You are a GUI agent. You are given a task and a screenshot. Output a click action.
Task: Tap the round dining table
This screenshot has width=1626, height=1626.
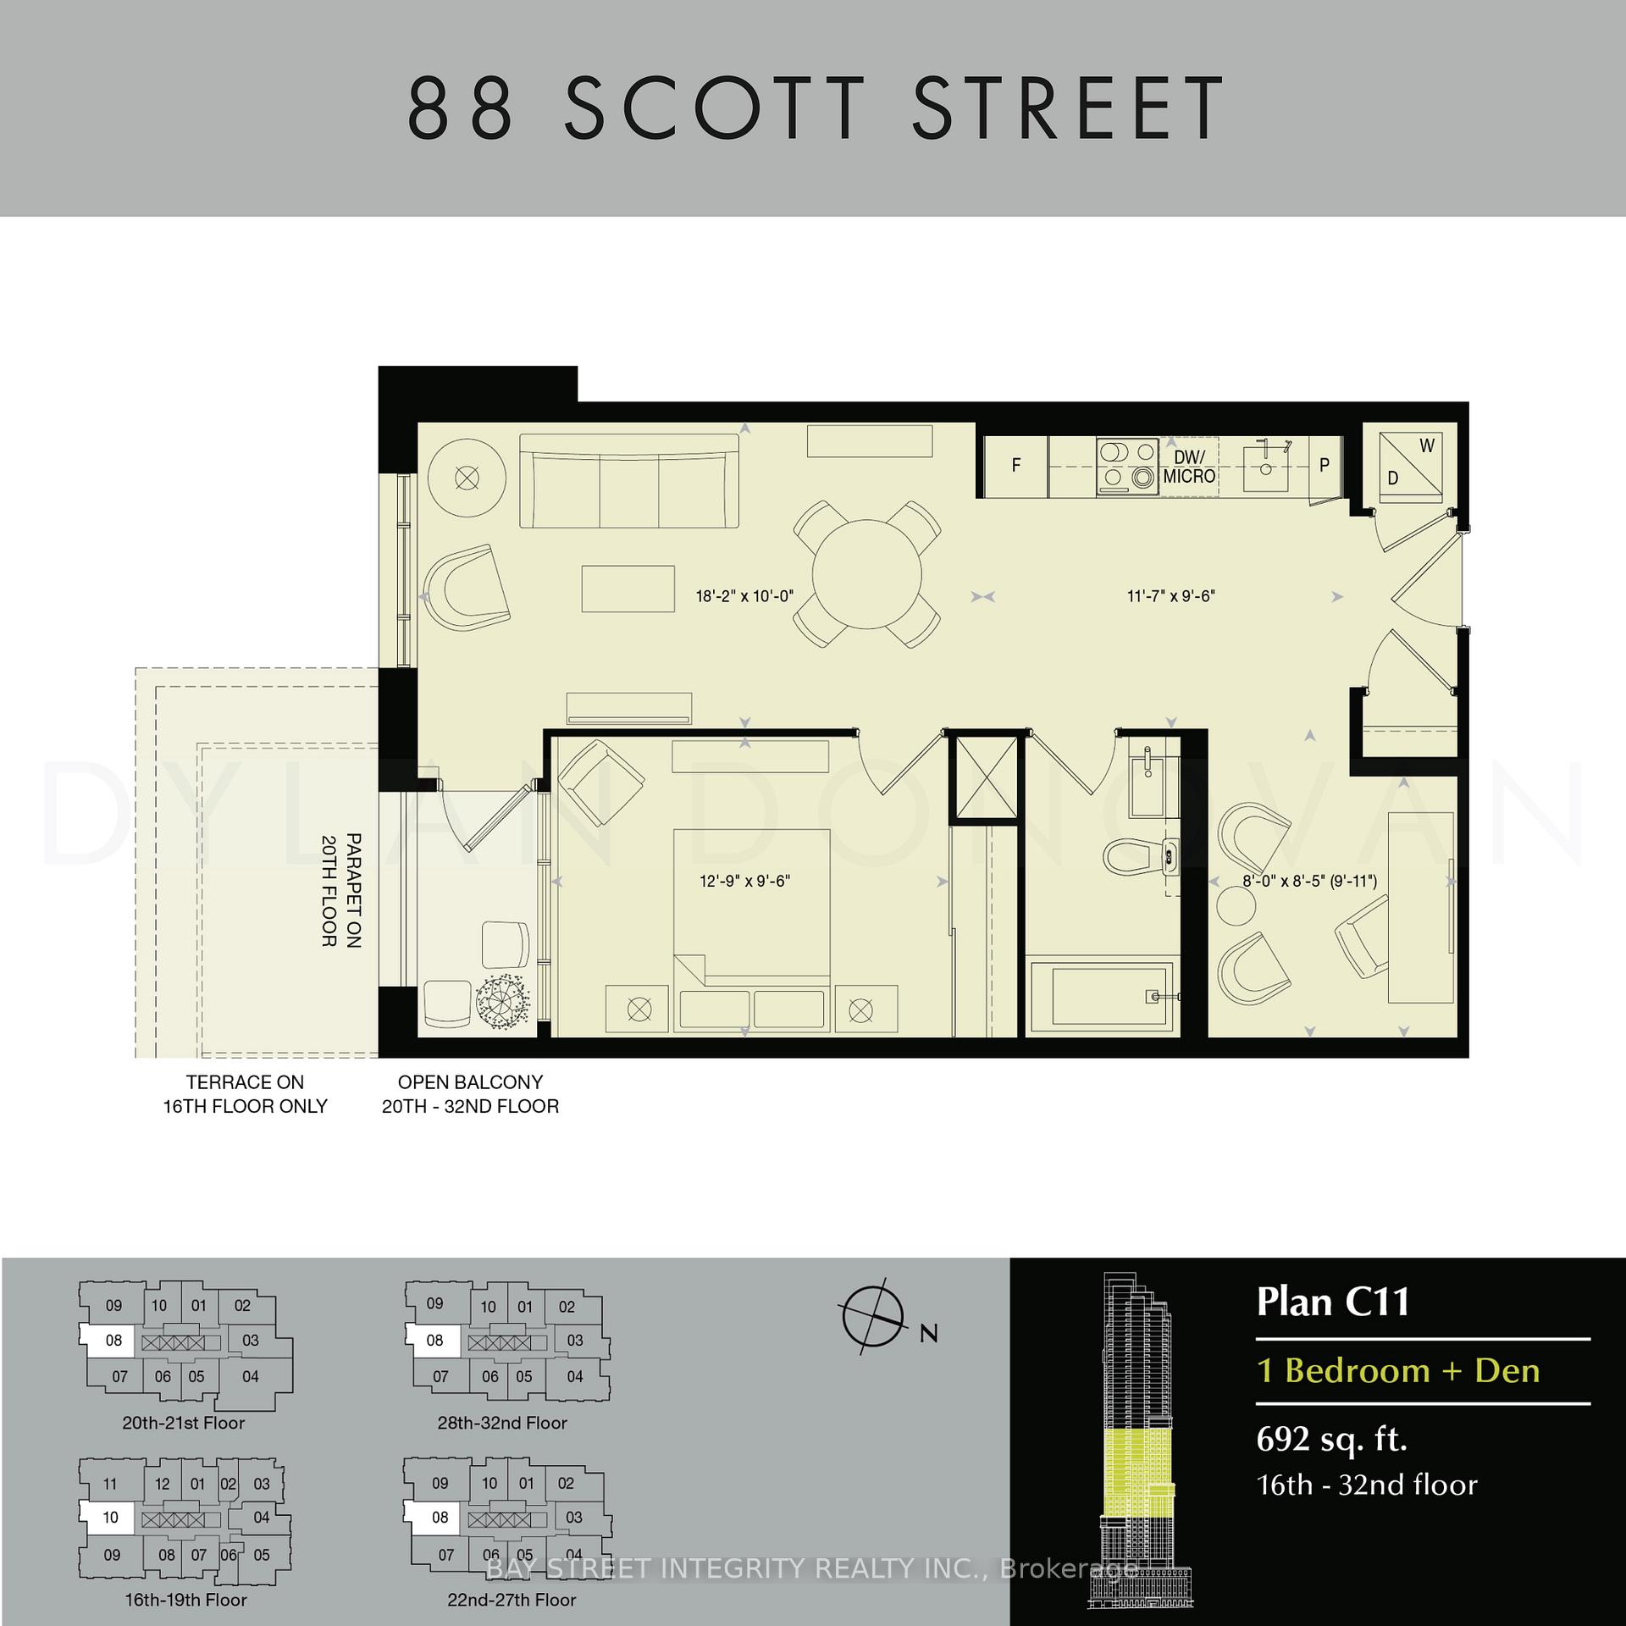[x=866, y=575]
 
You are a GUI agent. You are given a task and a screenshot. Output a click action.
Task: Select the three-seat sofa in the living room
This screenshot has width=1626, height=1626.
[x=628, y=481]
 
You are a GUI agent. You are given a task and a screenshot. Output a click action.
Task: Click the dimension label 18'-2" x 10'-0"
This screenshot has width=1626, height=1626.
[x=744, y=596]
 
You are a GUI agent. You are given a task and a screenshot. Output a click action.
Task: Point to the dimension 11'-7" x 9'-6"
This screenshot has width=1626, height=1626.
[x=1170, y=596]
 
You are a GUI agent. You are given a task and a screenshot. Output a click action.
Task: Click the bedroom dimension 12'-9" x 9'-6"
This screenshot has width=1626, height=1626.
[x=744, y=881]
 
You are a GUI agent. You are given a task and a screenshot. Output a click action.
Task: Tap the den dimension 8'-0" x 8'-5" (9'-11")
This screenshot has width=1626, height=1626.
[x=1309, y=881]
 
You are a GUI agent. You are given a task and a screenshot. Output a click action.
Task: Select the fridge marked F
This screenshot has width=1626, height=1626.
[x=1015, y=466]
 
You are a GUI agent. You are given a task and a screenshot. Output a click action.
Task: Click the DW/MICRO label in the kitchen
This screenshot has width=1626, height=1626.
[x=1189, y=467]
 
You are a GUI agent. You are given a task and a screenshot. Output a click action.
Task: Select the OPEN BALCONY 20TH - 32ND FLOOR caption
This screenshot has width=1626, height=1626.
[x=470, y=1094]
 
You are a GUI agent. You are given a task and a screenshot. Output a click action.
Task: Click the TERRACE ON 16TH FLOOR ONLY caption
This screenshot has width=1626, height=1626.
[x=245, y=1094]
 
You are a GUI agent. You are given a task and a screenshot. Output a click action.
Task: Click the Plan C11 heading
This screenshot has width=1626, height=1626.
[x=1332, y=1302]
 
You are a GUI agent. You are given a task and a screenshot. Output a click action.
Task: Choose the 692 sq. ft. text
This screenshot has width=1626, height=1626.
[x=1331, y=1439]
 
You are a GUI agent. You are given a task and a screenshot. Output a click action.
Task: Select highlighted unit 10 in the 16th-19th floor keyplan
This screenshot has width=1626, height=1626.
[x=109, y=1517]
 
